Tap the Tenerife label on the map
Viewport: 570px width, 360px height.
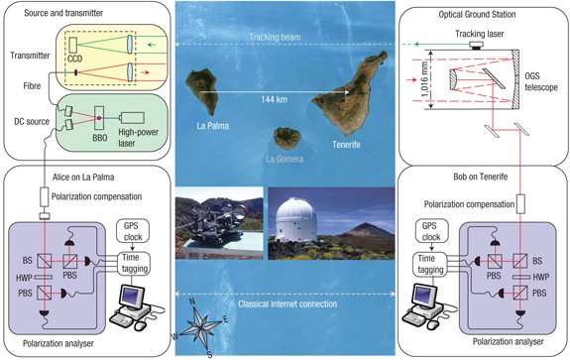click(347, 140)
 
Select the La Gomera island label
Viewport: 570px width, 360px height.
click(285, 157)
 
